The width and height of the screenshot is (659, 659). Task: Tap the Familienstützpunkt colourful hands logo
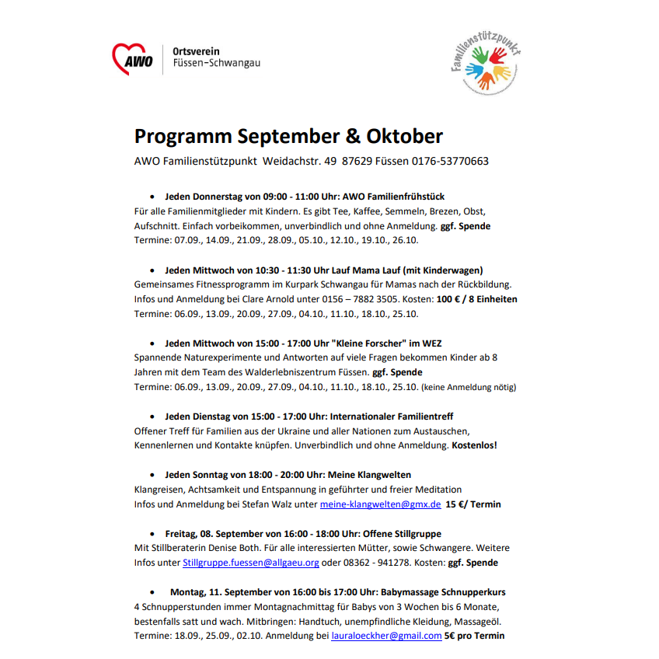[x=486, y=67]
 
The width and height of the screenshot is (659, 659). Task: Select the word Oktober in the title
[x=404, y=137]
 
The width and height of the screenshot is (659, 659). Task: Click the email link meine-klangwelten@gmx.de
[x=380, y=504]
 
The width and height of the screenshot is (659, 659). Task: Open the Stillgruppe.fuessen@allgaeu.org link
[x=251, y=562]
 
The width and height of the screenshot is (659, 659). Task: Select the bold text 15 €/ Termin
[x=472, y=504]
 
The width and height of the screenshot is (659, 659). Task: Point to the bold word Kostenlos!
[x=474, y=445]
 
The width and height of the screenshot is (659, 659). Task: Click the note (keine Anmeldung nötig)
[x=469, y=387]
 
